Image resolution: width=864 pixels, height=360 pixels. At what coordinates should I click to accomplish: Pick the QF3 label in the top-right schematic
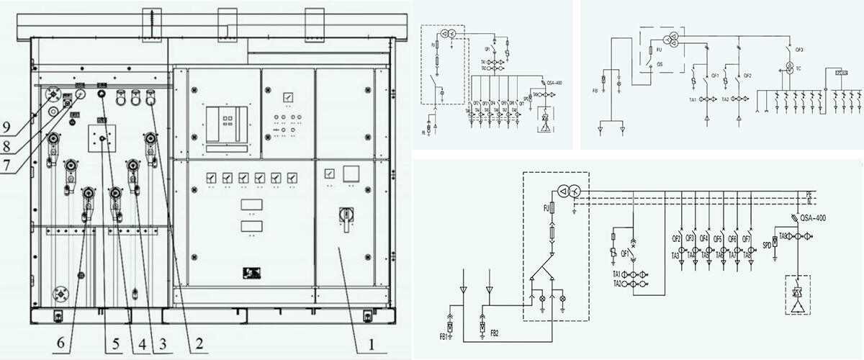tap(799, 50)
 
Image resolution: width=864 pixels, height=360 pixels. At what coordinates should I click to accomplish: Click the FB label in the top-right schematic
tap(595, 92)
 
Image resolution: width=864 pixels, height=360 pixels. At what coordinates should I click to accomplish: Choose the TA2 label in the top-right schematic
tap(724, 99)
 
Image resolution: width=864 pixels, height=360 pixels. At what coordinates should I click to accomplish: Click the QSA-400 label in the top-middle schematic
tap(554, 83)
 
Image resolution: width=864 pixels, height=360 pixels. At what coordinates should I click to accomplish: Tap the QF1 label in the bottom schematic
tap(617, 253)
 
